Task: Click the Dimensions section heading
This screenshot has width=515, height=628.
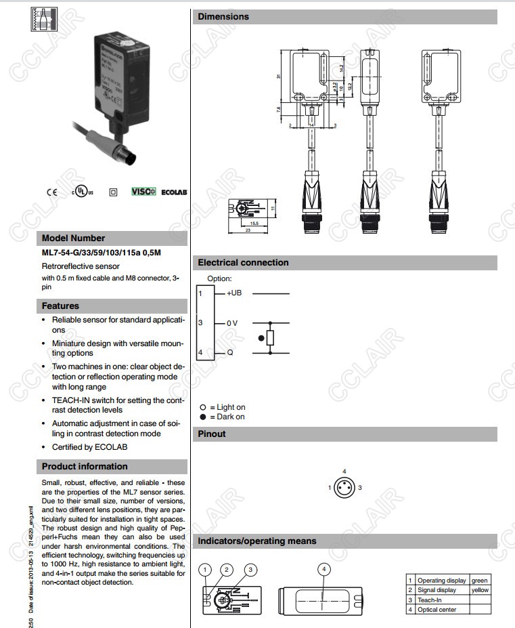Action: coord(223,17)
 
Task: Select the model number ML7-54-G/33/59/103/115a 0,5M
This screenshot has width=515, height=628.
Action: coord(102,253)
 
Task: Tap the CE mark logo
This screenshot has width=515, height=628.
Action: coord(51,192)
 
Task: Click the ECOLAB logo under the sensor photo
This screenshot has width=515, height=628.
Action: coord(174,192)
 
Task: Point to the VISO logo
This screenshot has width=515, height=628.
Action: coord(143,192)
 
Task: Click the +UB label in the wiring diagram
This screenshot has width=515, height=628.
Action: coord(234,293)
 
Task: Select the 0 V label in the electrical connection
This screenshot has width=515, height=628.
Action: coord(231,323)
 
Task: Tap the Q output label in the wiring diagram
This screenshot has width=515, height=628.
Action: coord(230,352)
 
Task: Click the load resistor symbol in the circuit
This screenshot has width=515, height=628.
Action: coord(270,338)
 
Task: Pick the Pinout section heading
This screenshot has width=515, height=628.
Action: coord(212,434)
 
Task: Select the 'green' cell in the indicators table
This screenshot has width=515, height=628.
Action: coord(480,581)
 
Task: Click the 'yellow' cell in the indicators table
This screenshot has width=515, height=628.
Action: coord(480,590)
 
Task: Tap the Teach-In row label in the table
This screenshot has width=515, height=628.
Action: coord(430,600)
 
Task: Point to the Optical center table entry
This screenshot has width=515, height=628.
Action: coord(436,610)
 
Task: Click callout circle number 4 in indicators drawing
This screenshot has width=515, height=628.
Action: coord(324,570)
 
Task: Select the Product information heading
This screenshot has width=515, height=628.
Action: coord(85,467)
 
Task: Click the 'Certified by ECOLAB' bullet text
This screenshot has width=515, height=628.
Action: coord(89,447)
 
